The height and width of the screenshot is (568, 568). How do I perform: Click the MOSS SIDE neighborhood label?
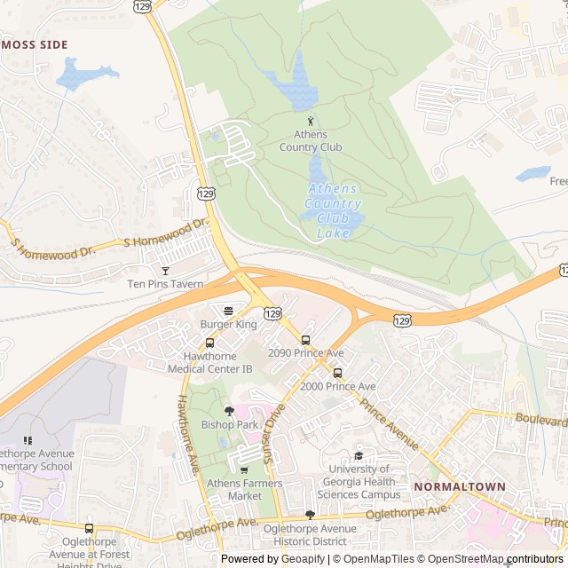point(35,43)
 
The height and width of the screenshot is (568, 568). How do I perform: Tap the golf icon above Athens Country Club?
point(311,121)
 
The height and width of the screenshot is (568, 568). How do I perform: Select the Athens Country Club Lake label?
point(333,211)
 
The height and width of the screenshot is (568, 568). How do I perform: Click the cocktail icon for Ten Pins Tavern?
point(164,270)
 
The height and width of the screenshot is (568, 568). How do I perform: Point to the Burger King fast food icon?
point(228,311)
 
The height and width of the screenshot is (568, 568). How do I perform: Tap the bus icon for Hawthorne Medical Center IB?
point(209,343)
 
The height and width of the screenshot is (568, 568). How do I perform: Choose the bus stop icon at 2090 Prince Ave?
point(305,339)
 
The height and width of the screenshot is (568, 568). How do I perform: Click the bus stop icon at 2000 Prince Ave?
point(337,373)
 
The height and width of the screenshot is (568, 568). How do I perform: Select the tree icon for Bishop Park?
point(229,410)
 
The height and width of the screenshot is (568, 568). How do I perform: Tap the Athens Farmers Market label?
point(244,489)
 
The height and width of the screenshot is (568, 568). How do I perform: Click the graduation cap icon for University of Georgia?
point(359,455)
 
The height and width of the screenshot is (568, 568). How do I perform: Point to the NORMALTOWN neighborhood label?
point(459,487)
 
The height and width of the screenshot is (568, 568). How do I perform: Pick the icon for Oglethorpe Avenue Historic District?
point(310,515)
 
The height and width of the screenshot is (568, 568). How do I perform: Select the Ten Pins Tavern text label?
point(165,284)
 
